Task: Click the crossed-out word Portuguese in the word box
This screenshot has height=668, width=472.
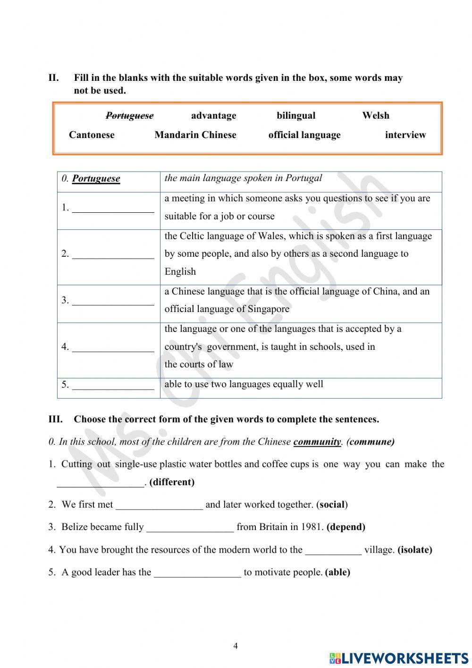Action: pyautogui.click(x=129, y=116)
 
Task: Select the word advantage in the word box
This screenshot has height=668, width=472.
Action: pyautogui.click(x=213, y=116)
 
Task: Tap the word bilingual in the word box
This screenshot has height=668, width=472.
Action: pyautogui.click(x=296, y=116)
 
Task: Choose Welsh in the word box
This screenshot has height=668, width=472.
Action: pyautogui.click(x=376, y=116)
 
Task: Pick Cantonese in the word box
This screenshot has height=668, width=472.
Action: pyautogui.click(x=92, y=135)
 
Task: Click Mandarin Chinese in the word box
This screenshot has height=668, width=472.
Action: pyautogui.click(x=195, y=135)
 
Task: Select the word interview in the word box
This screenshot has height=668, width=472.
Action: pyautogui.click(x=405, y=135)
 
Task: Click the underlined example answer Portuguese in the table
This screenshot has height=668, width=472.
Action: pyautogui.click(x=96, y=179)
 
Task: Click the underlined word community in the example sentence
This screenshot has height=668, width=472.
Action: pyautogui.click(x=317, y=442)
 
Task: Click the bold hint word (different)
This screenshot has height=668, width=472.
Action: pyautogui.click(x=172, y=482)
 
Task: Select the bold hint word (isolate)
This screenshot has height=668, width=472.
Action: pyautogui.click(x=415, y=550)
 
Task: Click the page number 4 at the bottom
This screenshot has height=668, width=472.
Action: pyautogui.click(x=236, y=646)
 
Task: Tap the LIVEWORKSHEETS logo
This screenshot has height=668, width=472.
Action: pyautogui.click(x=399, y=658)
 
